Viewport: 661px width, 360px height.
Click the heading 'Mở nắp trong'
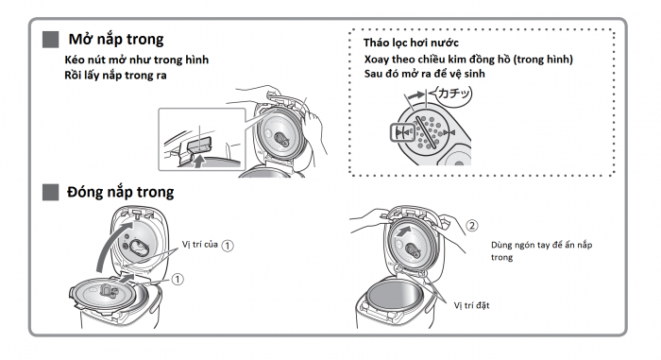tap(116, 40)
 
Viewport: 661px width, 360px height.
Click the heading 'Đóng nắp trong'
tap(120, 192)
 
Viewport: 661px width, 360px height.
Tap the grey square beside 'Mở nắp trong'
tap(51, 40)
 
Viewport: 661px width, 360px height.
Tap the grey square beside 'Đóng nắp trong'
tap(51, 192)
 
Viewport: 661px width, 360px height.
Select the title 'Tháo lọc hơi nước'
tap(411, 43)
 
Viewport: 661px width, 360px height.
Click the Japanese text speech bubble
tap(453, 94)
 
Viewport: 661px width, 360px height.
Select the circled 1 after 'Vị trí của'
tap(228, 246)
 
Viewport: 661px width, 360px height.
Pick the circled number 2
tap(472, 226)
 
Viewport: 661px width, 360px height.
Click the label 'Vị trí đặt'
tap(472, 305)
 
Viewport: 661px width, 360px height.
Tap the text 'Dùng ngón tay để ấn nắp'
tap(542, 246)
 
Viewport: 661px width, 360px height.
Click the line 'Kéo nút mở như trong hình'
tap(137, 60)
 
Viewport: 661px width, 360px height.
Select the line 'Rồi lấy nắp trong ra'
tap(115, 76)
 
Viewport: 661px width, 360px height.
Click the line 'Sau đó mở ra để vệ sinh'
tap(425, 74)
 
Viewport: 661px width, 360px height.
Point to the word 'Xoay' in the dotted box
tap(377, 60)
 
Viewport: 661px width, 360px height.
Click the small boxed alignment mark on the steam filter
tap(402, 132)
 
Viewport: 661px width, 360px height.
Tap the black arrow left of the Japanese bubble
tap(416, 95)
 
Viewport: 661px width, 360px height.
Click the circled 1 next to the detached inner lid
tap(178, 280)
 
